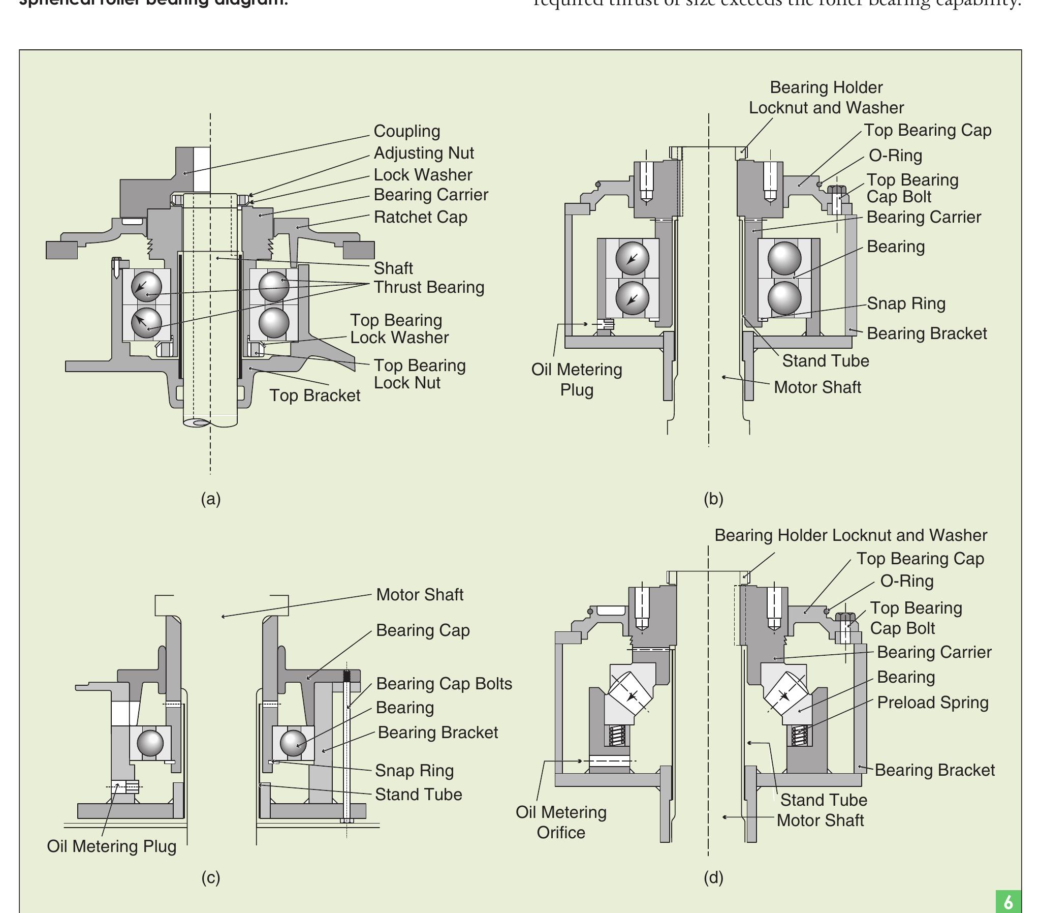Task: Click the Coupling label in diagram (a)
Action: (406, 131)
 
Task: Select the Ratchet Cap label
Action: (420, 217)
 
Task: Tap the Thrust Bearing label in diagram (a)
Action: (428, 287)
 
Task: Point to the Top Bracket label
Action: (314, 395)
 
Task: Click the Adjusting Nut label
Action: (423, 153)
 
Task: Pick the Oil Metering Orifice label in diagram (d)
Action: (561, 822)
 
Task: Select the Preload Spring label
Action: (932, 702)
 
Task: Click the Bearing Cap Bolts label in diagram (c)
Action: (444, 683)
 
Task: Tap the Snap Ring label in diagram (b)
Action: (906, 303)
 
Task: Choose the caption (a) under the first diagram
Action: (211, 499)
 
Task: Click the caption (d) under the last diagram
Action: (713, 877)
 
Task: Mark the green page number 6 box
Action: (1008, 901)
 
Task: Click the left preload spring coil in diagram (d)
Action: (617, 735)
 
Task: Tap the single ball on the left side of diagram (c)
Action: (150, 743)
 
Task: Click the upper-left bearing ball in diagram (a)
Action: (146, 286)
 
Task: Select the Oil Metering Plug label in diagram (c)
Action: (111, 846)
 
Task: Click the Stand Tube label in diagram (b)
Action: (825, 361)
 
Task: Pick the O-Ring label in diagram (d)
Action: (907, 581)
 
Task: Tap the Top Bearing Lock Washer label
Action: (399, 329)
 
